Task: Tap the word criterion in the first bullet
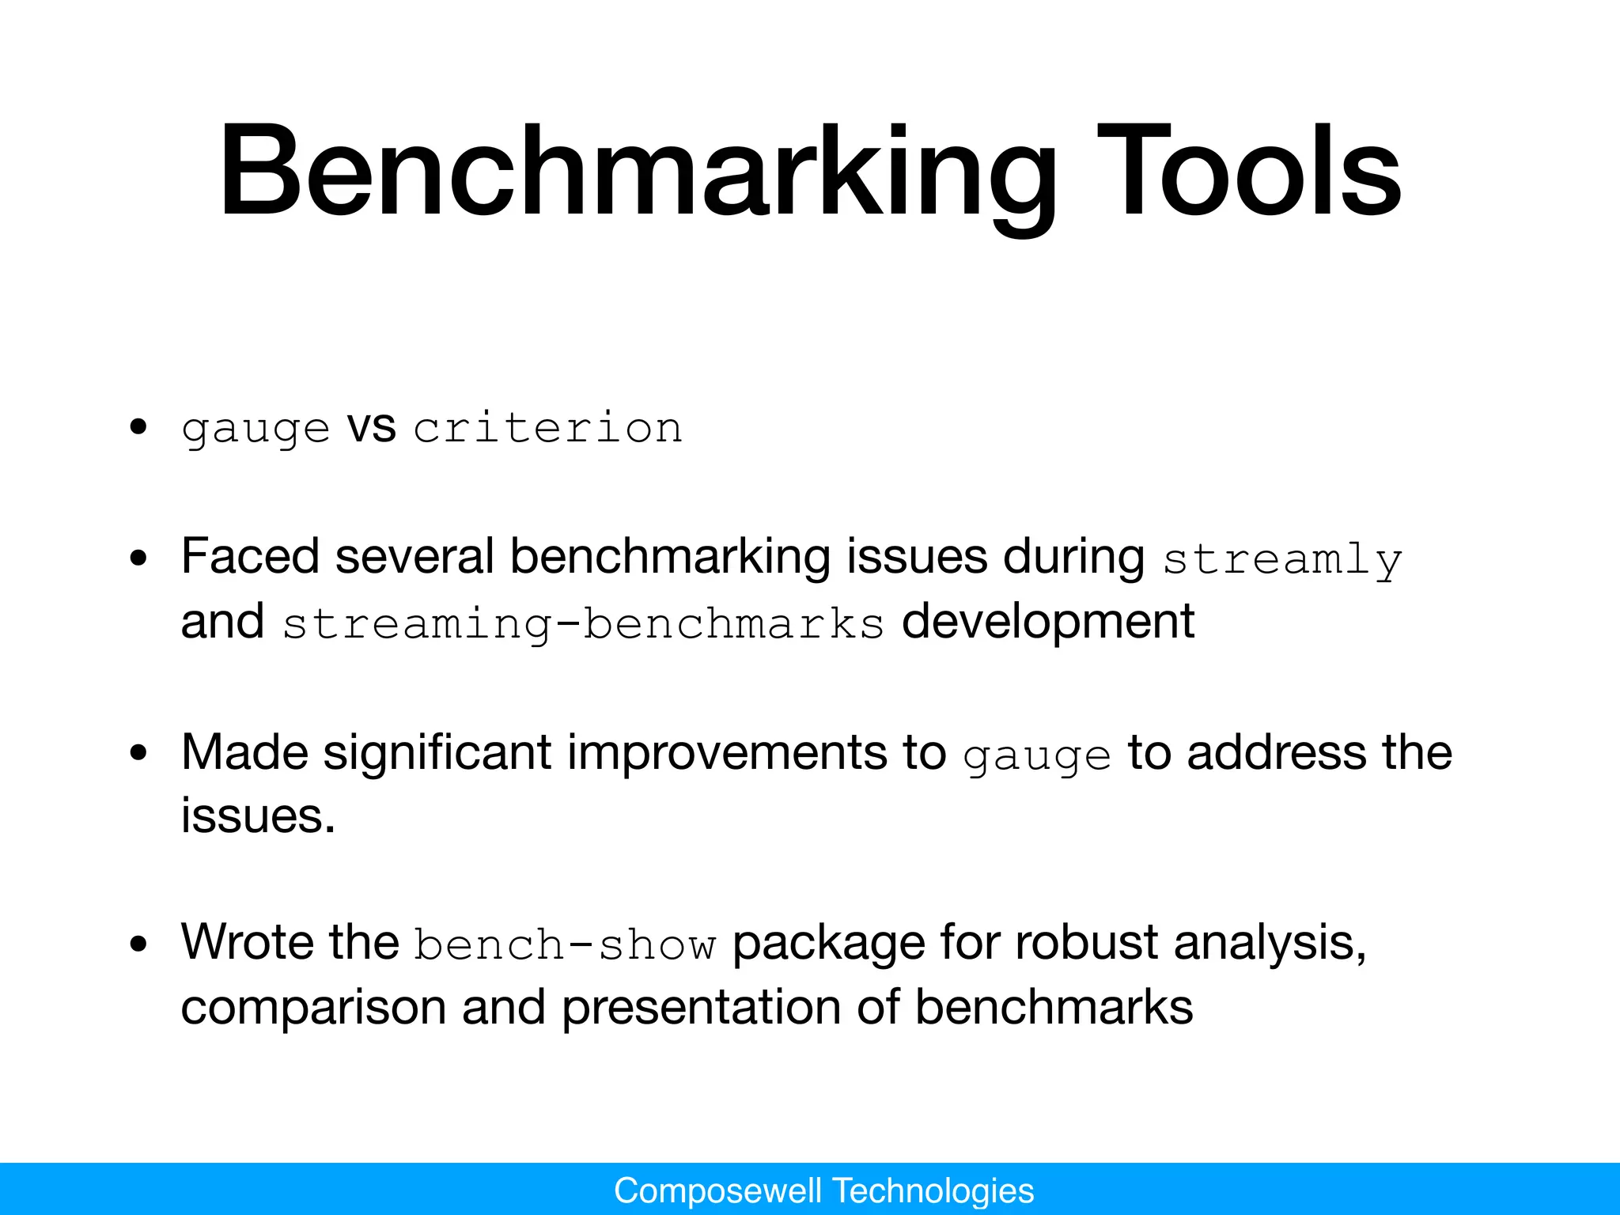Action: (547, 428)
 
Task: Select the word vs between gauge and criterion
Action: (371, 428)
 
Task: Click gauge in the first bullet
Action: (255, 430)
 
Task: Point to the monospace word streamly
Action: (1282, 560)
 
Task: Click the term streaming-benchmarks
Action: (583, 623)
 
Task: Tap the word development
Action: (1047, 621)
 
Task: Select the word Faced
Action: (250, 556)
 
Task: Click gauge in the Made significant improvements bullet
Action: (1037, 756)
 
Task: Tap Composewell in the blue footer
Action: (717, 1190)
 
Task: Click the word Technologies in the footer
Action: (933, 1190)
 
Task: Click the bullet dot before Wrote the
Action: (139, 944)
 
